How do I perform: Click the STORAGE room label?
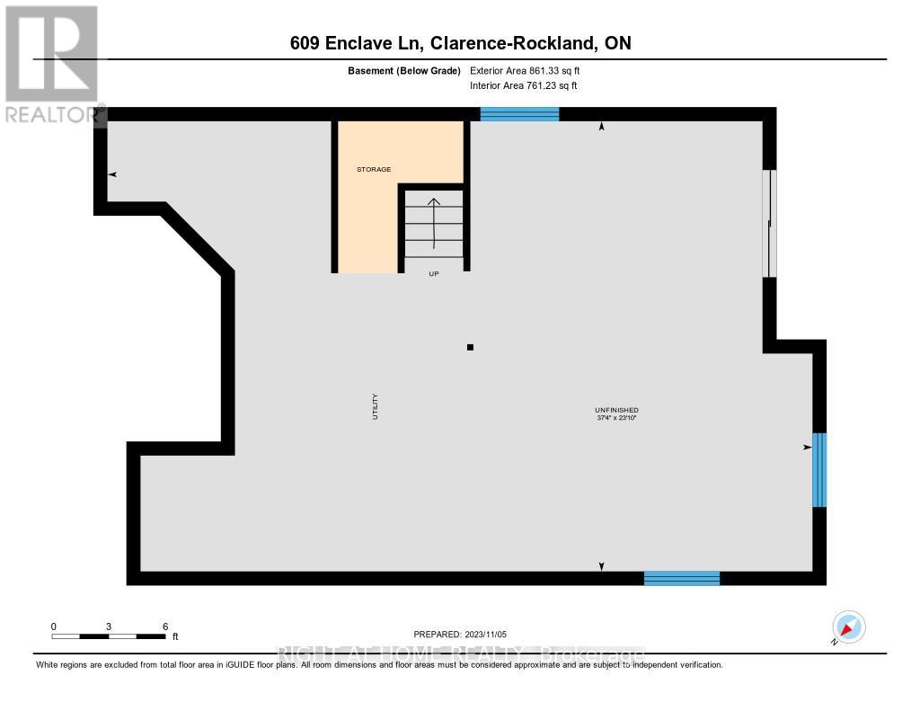[374, 169]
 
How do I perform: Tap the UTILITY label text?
[376, 407]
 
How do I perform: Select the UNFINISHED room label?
[616, 410]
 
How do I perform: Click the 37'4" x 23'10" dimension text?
[616, 418]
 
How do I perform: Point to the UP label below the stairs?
[433, 275]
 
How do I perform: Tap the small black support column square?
[469, 347]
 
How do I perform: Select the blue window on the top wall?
[519, 113]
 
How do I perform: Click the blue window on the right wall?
[818, 469]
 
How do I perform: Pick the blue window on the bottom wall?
[682, 578]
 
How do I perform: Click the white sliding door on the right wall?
[769, 224]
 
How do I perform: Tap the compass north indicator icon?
[848, 627]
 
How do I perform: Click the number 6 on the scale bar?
[164, 626]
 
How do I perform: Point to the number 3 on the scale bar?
[109, 626]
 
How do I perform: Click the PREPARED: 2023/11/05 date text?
[460, 635]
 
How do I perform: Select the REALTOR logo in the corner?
[51, 63]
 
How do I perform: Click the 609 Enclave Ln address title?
[459, 43]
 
